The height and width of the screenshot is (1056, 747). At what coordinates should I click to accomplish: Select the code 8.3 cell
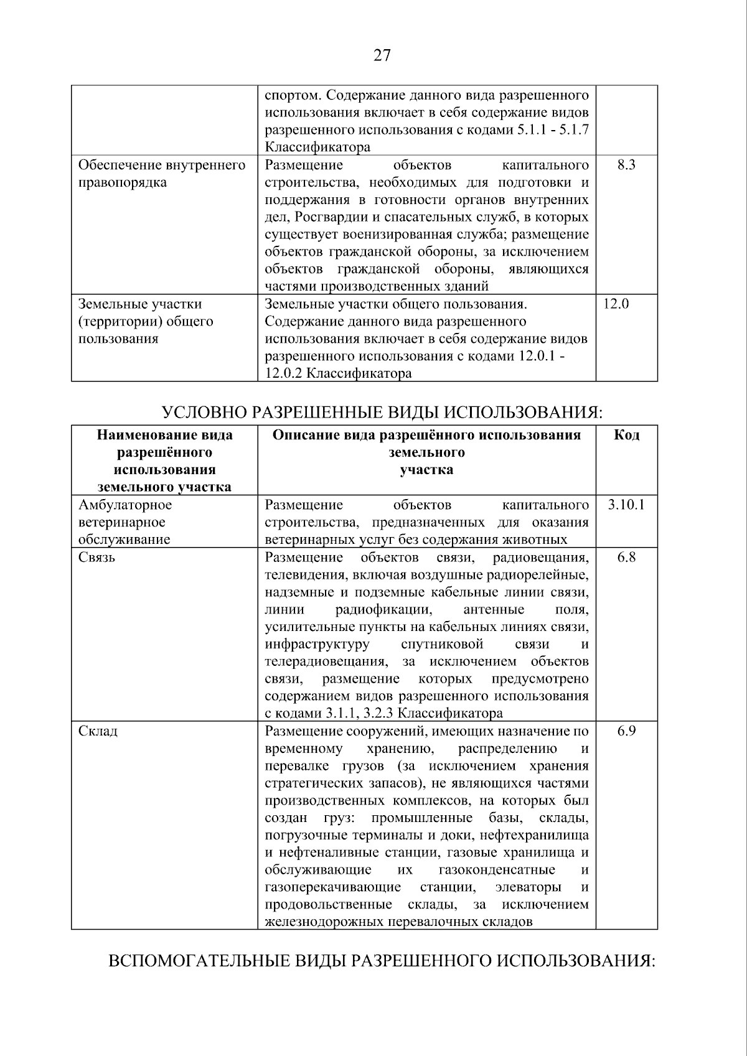tap(626, 165)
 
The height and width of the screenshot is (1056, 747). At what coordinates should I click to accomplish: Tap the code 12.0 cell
tap(616, 304)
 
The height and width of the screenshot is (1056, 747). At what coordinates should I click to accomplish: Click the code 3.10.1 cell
tap(626, 505)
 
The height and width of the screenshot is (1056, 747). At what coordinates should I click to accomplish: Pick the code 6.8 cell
tap(626, 557)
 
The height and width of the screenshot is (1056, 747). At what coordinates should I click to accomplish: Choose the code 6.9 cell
tap(626, 731)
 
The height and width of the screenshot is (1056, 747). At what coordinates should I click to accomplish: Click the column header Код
tap(626, 435)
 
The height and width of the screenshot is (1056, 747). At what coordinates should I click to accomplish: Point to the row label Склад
tap(98, 731)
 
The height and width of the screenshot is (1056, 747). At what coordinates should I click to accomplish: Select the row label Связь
tap(97, 557)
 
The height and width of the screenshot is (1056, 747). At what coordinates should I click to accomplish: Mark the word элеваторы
tap(527, 887)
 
